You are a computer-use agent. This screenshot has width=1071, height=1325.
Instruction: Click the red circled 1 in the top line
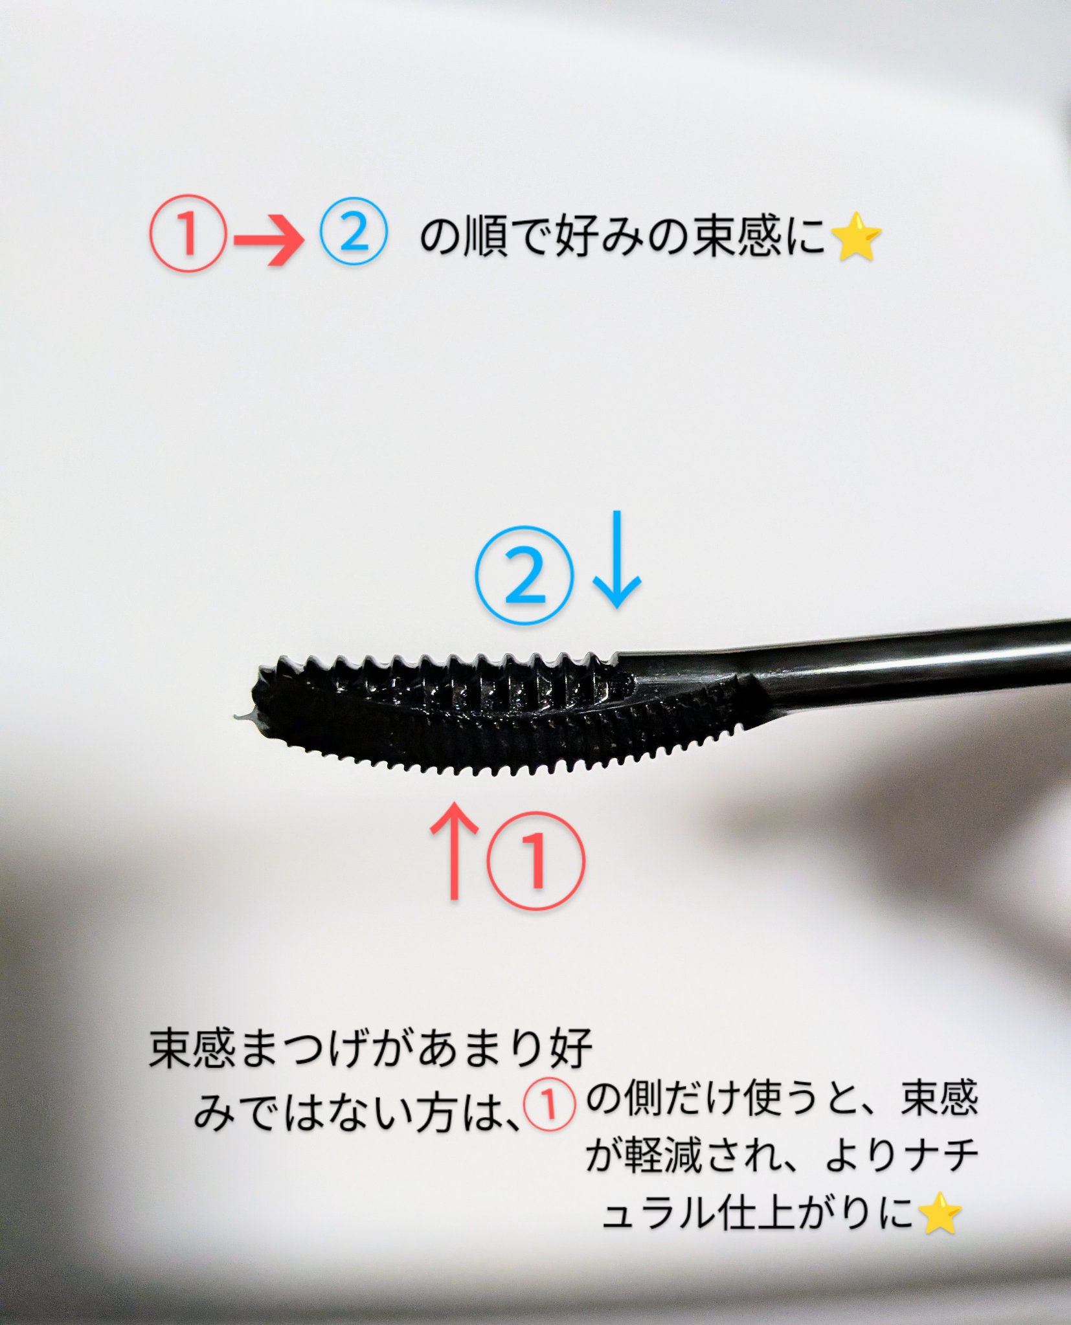pyautogui.click(x=188, y=234)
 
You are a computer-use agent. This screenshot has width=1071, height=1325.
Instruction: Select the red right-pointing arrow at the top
pyautogui.click(x=268, y=241)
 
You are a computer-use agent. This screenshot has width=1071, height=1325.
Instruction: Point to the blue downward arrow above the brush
pyautogui.click(x=617, y=559)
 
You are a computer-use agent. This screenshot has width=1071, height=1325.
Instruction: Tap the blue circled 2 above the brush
pyautogui.click(x=525, y=575)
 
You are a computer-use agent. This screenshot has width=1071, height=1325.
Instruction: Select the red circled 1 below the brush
pyautogui.click(x=536, y=861)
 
